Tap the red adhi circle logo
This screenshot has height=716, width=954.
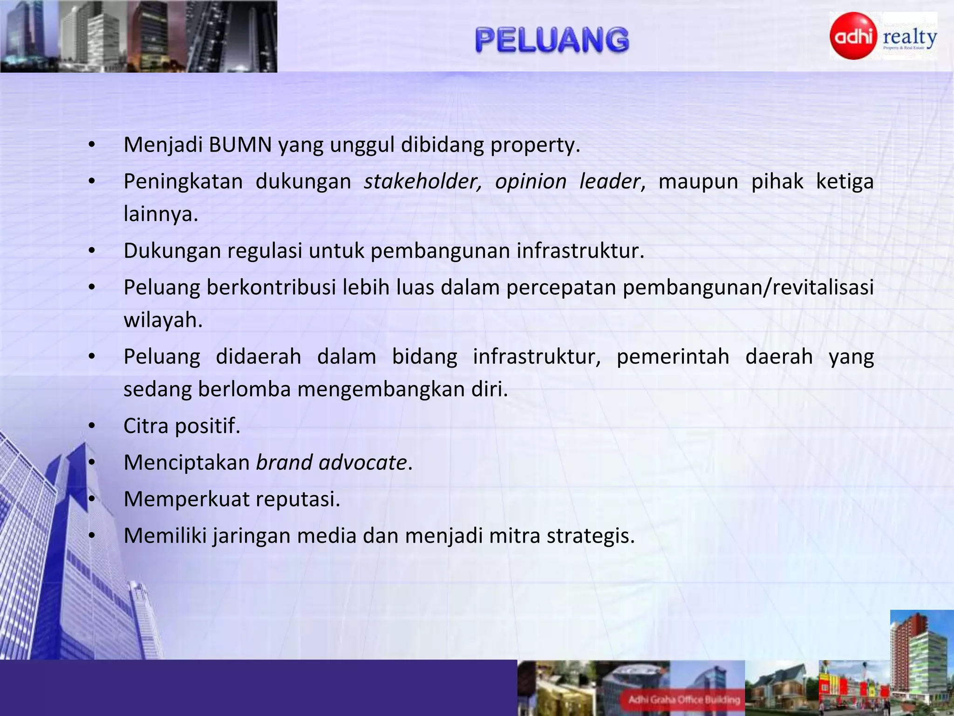coord(853,36)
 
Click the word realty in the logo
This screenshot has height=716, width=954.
coord(910,37)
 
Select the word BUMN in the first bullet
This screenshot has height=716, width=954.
coord(240,145)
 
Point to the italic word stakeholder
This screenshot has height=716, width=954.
coord(422,181)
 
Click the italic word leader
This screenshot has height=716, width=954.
coord(610,181)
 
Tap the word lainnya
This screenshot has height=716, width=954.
coord(160,214)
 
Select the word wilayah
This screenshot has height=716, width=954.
coord(162,320)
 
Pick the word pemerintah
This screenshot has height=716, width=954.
coord(673,356)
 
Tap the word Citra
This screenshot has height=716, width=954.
coord(146,425)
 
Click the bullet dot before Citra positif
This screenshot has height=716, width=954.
coord(92,426)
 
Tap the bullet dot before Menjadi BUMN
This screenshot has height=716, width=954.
coord(92,145)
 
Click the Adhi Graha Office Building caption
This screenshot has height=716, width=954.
coord(684,699)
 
